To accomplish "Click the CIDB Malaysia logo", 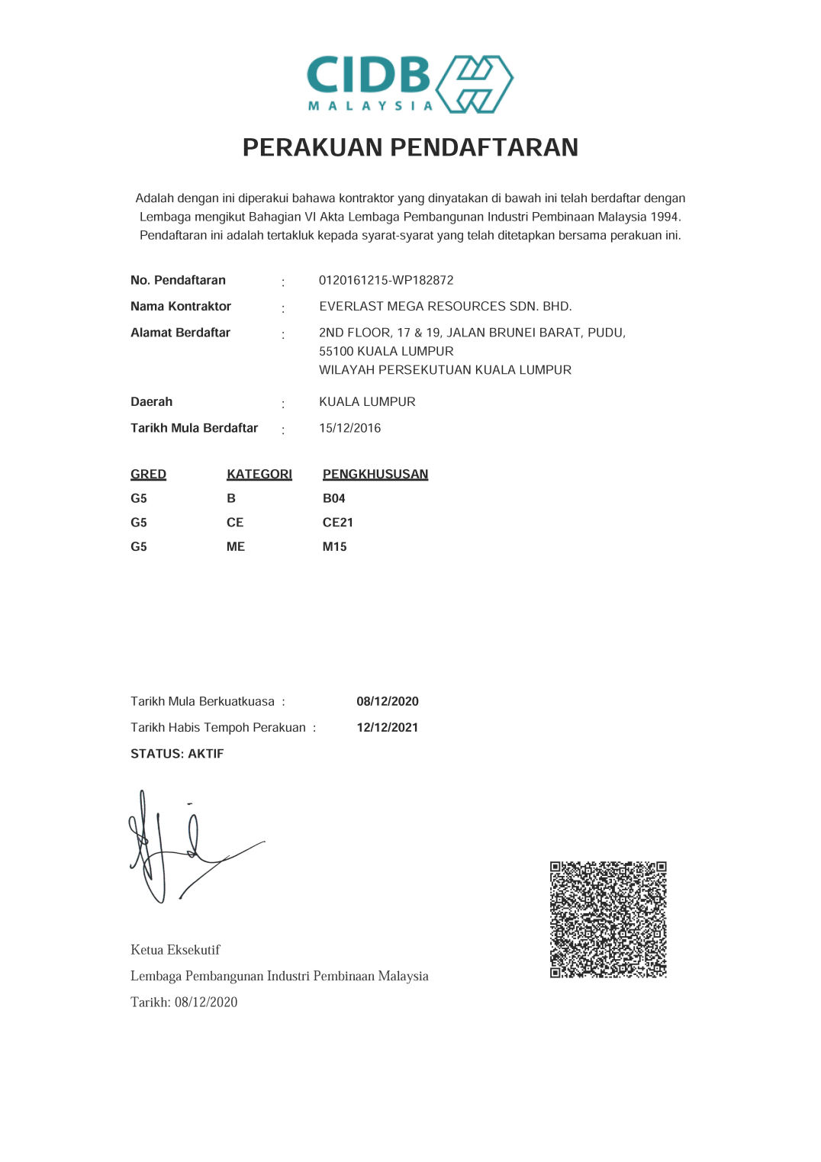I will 410,84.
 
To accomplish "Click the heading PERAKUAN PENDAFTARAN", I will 410,147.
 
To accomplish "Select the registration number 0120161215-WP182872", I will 386,280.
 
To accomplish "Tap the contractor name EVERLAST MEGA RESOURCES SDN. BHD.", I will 445,306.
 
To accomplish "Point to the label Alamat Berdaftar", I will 180,333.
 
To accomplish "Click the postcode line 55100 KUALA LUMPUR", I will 386,351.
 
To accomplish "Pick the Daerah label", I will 151,402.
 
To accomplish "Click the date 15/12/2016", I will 349,428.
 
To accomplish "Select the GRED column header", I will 148,474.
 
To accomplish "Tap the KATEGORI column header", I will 259,474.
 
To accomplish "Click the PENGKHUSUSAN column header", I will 375,474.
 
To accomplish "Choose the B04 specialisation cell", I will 333,498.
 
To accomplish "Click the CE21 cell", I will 337,523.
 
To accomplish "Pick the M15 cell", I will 334,547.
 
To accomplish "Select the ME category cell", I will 235,547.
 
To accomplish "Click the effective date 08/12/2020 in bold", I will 387,701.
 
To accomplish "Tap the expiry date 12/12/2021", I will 387,727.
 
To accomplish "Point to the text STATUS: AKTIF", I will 177,754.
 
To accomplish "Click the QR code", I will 608,919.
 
